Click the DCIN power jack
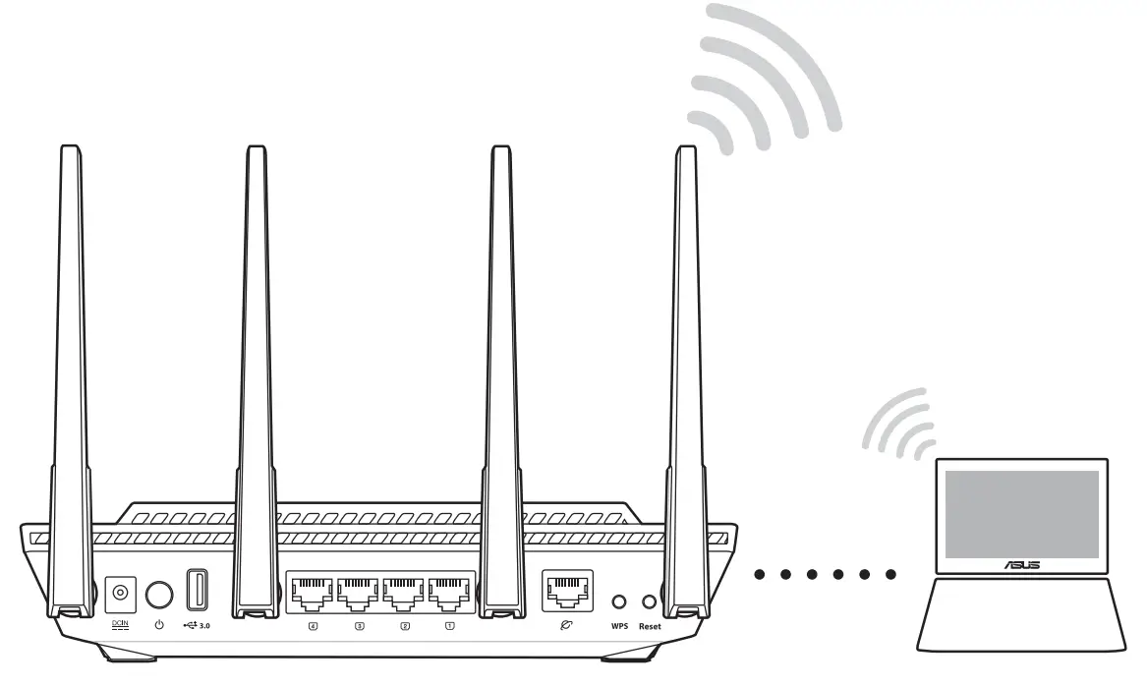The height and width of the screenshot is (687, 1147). click(120, 593)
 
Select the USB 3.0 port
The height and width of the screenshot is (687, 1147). click(196, 591)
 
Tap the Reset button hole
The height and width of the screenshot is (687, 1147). click(649, 600)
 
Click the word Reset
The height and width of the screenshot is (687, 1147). click(650, 626)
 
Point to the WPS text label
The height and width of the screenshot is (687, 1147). click(618, 626)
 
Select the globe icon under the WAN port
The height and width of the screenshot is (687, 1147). click(567, 624)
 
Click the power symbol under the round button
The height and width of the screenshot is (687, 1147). click(159, 625)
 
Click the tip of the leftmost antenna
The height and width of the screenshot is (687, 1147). click(71, 150)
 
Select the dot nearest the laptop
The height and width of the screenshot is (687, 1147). click(890, 574)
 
